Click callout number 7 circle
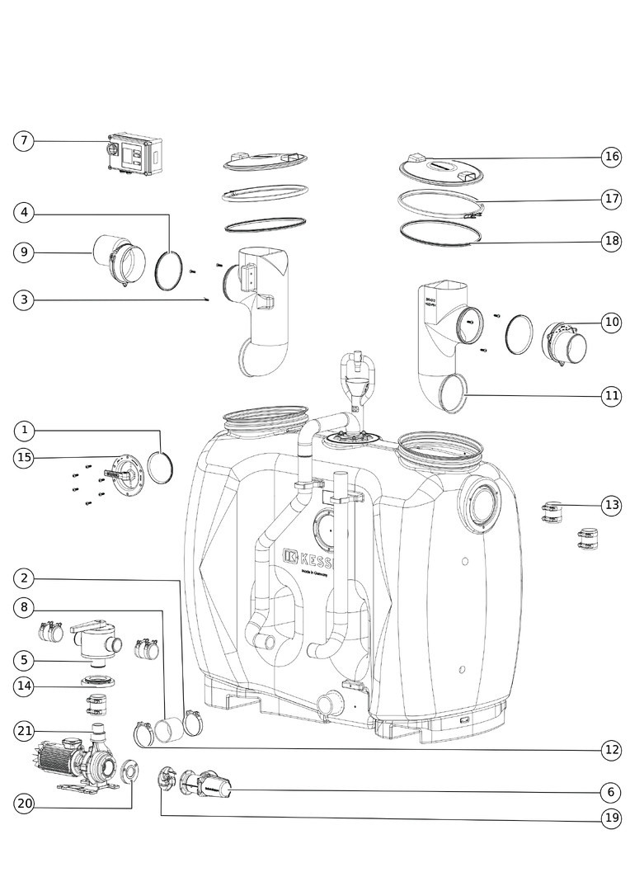coord(24,141)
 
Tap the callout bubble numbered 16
coord(610,157)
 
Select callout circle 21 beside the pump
coord(25,731)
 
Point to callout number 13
coord(610,505)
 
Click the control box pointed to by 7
coord(135,156)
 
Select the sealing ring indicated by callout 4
coord(170,269)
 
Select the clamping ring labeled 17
coord(440,203)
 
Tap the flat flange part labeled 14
coord(97,681)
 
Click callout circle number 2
coord(25,578)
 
